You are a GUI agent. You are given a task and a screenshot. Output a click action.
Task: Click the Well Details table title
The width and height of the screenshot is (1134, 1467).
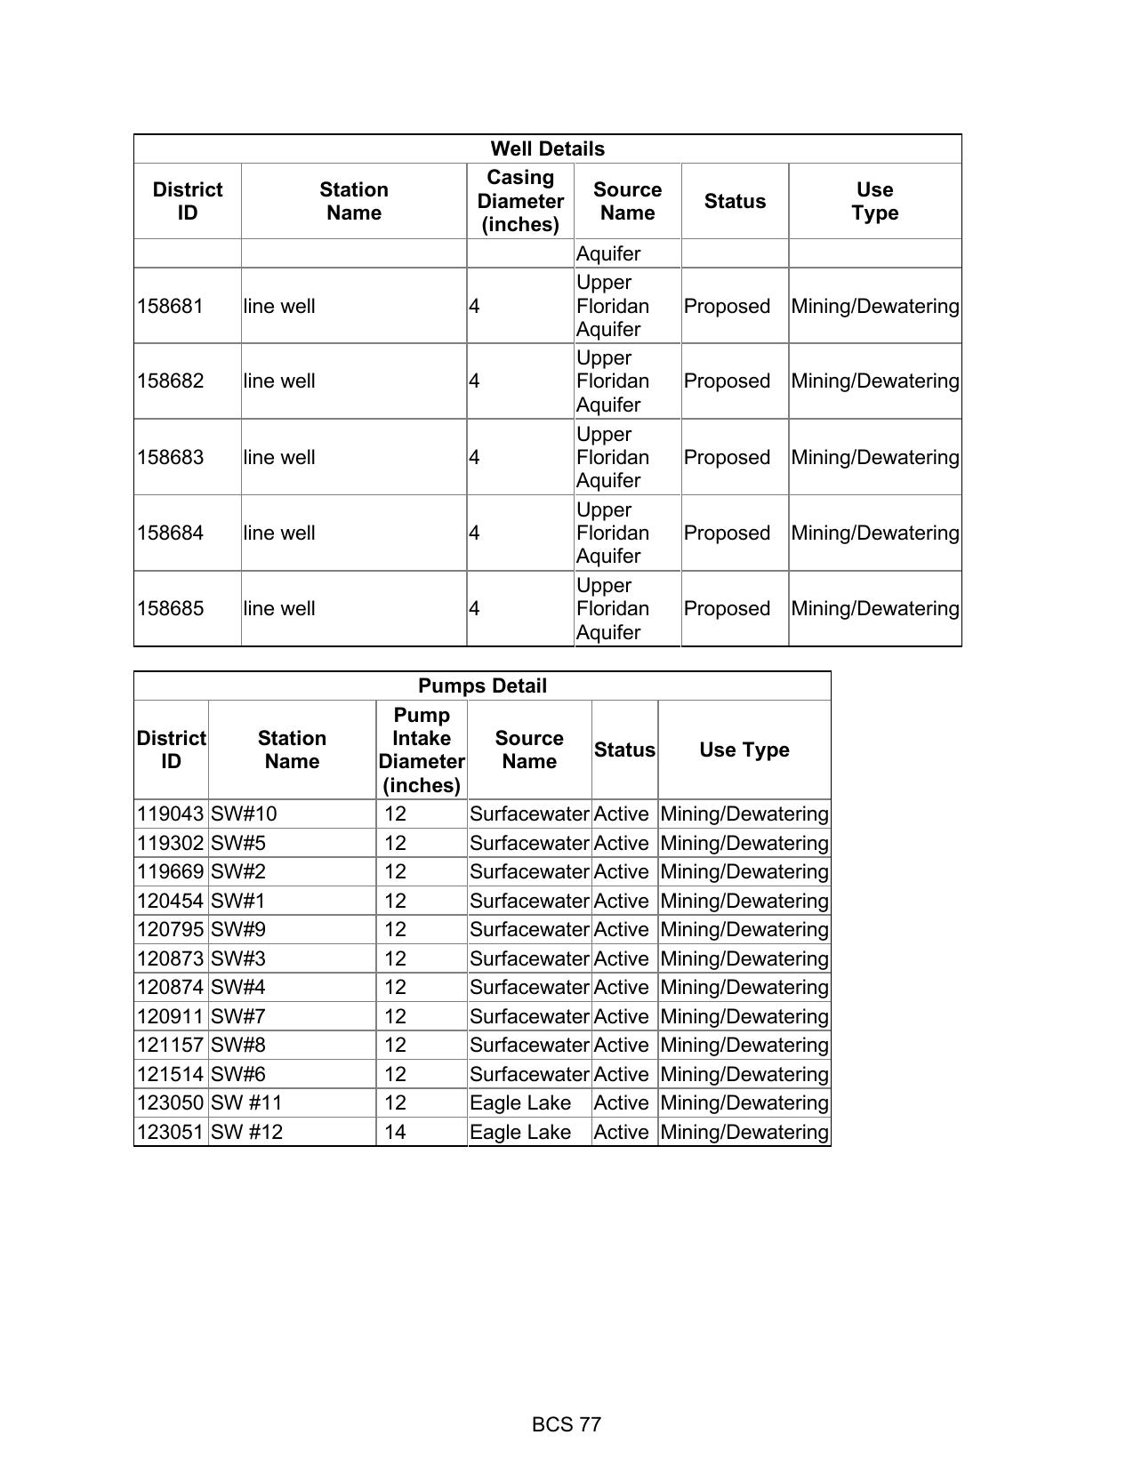[x=547, y=149]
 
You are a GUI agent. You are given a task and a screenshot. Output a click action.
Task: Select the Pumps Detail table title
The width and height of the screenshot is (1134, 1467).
[x=482, y=686]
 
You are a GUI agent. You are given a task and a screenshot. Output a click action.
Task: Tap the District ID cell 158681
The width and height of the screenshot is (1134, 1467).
[x=170, y=307]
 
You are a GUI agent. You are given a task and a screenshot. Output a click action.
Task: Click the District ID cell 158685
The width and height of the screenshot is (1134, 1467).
[x=170, y=609]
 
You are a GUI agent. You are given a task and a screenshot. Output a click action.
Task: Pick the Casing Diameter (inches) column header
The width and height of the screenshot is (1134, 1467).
[x=520, y=202]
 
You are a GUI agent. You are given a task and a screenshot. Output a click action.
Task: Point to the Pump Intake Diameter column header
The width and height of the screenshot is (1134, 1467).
[x=422, y=750]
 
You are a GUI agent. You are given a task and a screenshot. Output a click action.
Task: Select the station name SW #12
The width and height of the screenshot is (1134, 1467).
[x=246, y=1133]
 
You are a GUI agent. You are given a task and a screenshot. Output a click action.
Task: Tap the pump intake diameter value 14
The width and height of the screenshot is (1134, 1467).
[x=395, y=1133]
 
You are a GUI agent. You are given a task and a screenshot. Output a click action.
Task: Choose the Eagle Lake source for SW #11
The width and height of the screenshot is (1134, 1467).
[x=520, y=1103]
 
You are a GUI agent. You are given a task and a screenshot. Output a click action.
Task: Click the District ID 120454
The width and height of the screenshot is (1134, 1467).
[x=170, y=902]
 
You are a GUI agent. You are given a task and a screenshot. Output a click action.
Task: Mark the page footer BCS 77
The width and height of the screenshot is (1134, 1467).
[x=567, y=1425]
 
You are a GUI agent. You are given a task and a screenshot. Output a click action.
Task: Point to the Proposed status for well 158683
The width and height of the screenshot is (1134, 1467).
[x=727, y=458]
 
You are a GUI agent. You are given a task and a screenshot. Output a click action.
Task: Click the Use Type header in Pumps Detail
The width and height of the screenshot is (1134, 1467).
[x=744, y=750]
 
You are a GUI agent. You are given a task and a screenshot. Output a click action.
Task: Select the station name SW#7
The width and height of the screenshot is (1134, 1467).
[x=238, y=1017]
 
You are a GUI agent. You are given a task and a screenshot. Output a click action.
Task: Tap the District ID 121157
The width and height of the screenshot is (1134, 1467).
[x=170, y=1046]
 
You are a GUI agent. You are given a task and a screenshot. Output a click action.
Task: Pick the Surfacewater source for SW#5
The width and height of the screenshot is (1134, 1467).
[x=529, y=844]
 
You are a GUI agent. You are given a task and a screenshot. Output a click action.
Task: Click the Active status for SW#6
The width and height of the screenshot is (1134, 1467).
[x=621, y=1075]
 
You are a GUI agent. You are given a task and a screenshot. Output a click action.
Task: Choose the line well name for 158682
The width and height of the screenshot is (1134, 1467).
[x=279, y=381]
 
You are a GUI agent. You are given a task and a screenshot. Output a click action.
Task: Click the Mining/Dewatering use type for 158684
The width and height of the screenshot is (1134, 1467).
[x=875, y=533]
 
